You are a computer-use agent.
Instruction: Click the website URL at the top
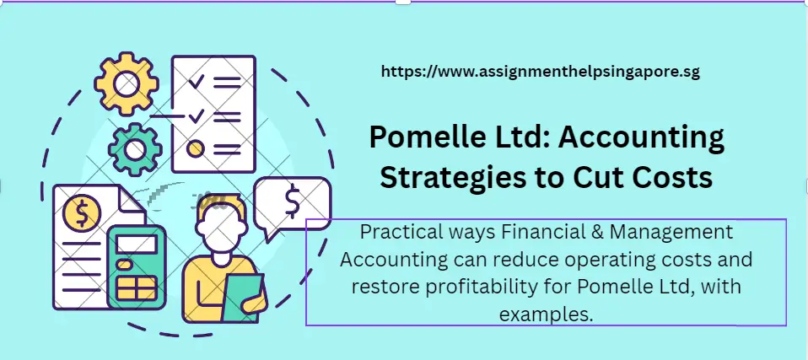point(541,73)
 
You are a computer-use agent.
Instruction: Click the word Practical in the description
point(396,232)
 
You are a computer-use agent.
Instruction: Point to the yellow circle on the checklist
point(196,149)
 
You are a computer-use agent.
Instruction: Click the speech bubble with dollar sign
point(292,203)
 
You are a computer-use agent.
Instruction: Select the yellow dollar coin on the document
point(82,214)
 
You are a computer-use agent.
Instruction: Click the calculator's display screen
point(137,244)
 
